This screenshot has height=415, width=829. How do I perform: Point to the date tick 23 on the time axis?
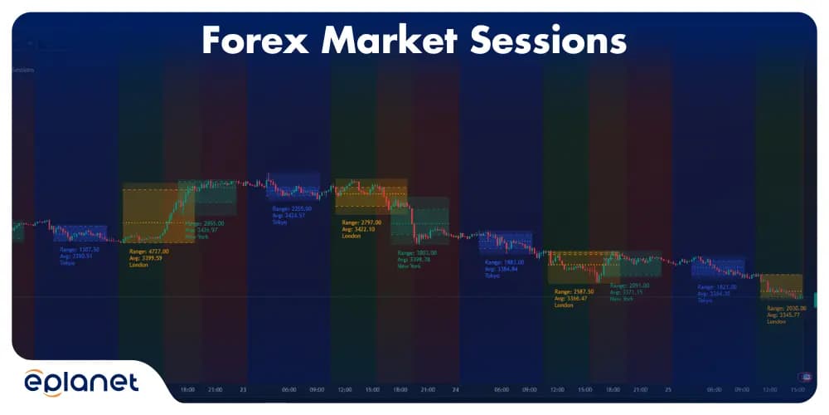tap(243, 388)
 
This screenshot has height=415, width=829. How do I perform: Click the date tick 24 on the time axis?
tap(455, 388)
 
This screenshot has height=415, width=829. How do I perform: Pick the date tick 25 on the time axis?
tap(667, 388)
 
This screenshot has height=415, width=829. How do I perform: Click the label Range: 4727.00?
tap(149, 251)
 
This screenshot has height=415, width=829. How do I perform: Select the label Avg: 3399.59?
tap(147, 258)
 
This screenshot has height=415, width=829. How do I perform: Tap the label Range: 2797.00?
tap(362, 222)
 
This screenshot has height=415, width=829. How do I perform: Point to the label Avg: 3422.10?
tap(360, 229)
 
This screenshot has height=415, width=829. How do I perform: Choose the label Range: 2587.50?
tap(574, 292)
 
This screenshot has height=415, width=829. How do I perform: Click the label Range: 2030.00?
tap(787, 308)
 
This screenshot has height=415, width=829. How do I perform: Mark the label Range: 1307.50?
tap(80, 249)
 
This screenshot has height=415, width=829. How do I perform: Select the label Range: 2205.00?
tap(292, 208)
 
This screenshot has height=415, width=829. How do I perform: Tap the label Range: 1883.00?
tap(504, 262)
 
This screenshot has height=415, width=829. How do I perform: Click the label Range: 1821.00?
tap(716, 286)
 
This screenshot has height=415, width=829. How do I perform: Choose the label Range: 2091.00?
tap(629, 286)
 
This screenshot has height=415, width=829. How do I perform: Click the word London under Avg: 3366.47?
tap(564, 305)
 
